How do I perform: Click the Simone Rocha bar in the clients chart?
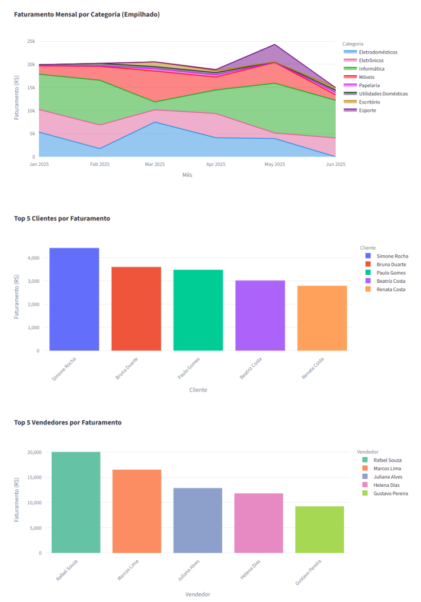coord(74,299)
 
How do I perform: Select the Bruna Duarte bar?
coord(136,309)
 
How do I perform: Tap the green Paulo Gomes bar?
coord(198,310)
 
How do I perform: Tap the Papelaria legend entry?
coord(369,85)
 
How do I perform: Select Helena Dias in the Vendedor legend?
coord(386,485)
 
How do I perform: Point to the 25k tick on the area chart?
coord(31,42)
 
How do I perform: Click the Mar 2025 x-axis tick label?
coord(155,165)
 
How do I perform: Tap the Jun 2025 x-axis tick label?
coord(335,165)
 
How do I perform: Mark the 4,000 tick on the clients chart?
coord(32,258)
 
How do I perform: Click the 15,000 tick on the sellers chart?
coord(32,477)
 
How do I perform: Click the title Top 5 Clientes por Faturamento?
coord(62,219)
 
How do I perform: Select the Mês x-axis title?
coord(187,175)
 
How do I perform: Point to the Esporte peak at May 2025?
coord(275,45)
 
